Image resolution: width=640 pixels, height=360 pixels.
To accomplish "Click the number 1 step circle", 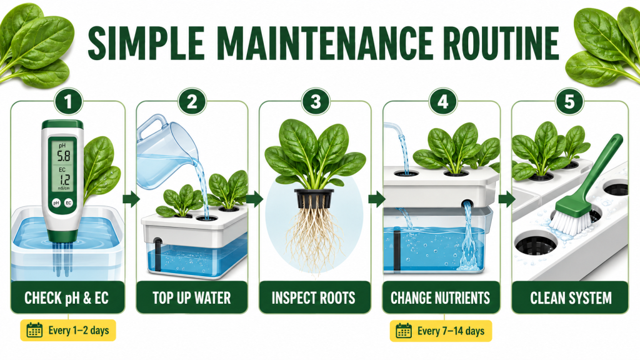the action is [x=67, y=102].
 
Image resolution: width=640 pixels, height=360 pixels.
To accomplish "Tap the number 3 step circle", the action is [x=316, y=102].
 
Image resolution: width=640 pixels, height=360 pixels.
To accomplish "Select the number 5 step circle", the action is [x=569, y=102].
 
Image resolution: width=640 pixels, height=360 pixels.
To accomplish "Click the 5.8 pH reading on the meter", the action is [x=63, y=156].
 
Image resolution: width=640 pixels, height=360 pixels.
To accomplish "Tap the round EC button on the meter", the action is [x=69, y=202].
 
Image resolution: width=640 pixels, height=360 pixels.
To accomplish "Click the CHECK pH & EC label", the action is [x=66, y=298].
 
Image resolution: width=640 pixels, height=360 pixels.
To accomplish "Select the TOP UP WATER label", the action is [x=191, y=298].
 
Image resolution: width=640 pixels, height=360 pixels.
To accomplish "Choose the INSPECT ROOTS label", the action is [x=314, y=298].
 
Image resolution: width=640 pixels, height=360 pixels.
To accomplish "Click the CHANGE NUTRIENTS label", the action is [x=440, y=298].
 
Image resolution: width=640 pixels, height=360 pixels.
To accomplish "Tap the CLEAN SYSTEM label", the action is [x=571, y=298].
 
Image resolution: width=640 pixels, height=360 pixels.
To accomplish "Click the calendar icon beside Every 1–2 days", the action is [x=34, y=330].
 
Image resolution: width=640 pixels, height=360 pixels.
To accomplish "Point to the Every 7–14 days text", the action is [x=451, y=331].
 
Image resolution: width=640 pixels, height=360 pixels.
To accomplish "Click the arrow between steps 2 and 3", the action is [x=254, y=199].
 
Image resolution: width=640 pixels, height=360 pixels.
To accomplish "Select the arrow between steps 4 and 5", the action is [x=506, y=199].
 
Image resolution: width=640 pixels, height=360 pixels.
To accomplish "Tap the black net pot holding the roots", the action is [x=314, y=197].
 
